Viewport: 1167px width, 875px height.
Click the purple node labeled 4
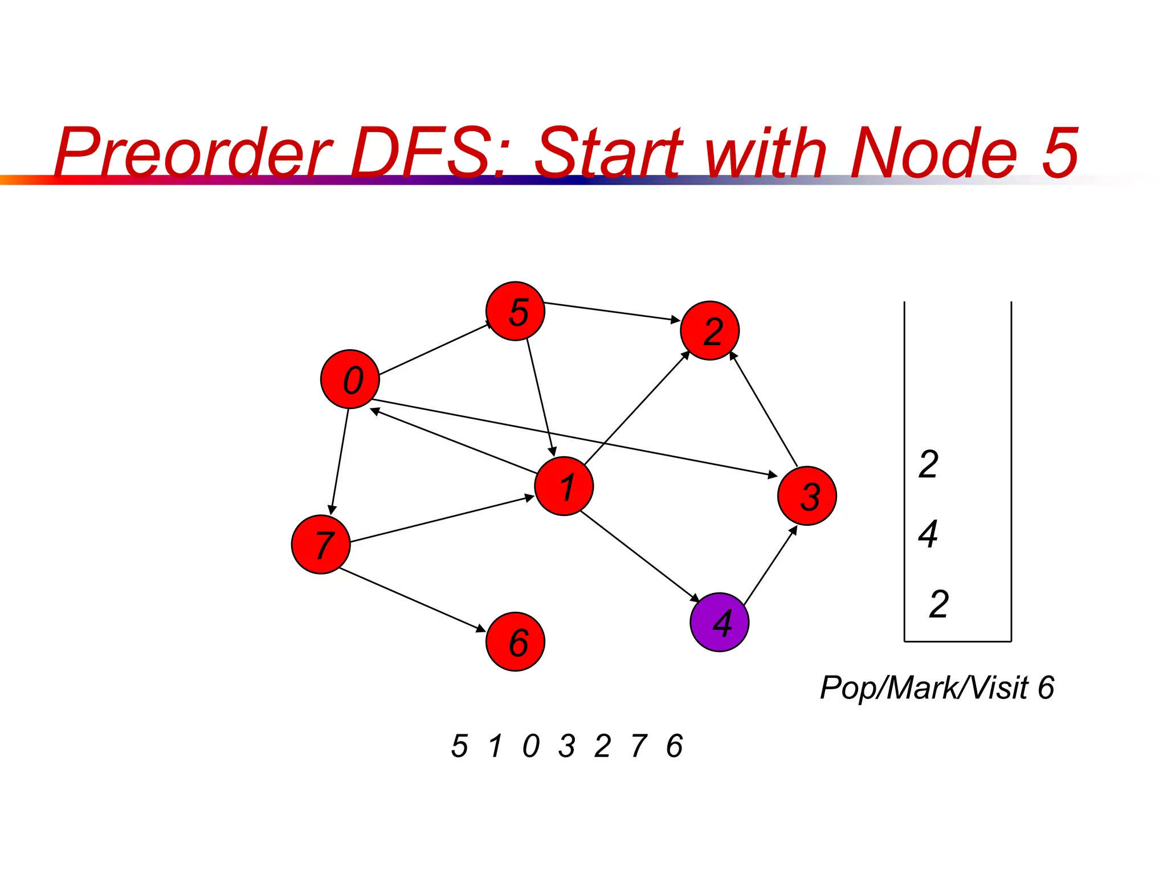(719, 622)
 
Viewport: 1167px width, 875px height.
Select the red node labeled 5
(515, 311)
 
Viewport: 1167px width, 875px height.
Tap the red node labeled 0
(350, 379)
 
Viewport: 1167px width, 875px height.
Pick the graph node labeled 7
(321, 544)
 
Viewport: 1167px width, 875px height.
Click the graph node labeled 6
(515, 641)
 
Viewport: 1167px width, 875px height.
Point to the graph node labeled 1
(564, 486)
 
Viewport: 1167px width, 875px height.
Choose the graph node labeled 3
(807, 496)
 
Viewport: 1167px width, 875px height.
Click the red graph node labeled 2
(709, 330)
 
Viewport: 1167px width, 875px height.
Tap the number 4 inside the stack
(928, 534)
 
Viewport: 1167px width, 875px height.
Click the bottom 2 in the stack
(939, 604)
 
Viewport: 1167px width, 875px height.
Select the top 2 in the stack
(928, 464)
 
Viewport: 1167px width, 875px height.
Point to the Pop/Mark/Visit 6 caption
(936, 688)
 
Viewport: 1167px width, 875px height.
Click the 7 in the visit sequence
(639, 746)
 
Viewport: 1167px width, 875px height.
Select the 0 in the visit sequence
(531, 746)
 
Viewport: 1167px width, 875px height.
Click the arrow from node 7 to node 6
(412, 600)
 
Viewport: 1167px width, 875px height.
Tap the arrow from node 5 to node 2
(612, 312)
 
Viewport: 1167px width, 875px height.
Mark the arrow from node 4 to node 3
(770, 565)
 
